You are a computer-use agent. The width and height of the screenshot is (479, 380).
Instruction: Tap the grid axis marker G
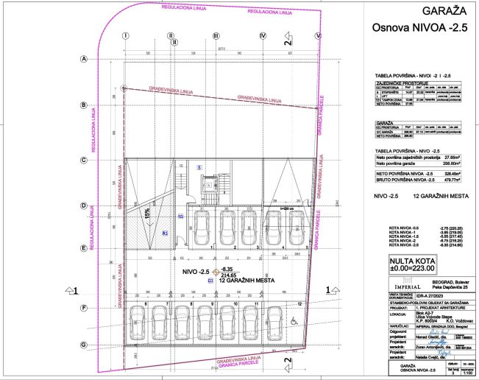(84, 345)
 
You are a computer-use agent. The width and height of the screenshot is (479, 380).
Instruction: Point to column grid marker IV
(262, 35)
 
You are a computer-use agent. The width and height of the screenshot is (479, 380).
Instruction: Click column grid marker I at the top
(126, 35)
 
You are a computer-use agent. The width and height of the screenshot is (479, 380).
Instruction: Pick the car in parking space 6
(158, 320)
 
